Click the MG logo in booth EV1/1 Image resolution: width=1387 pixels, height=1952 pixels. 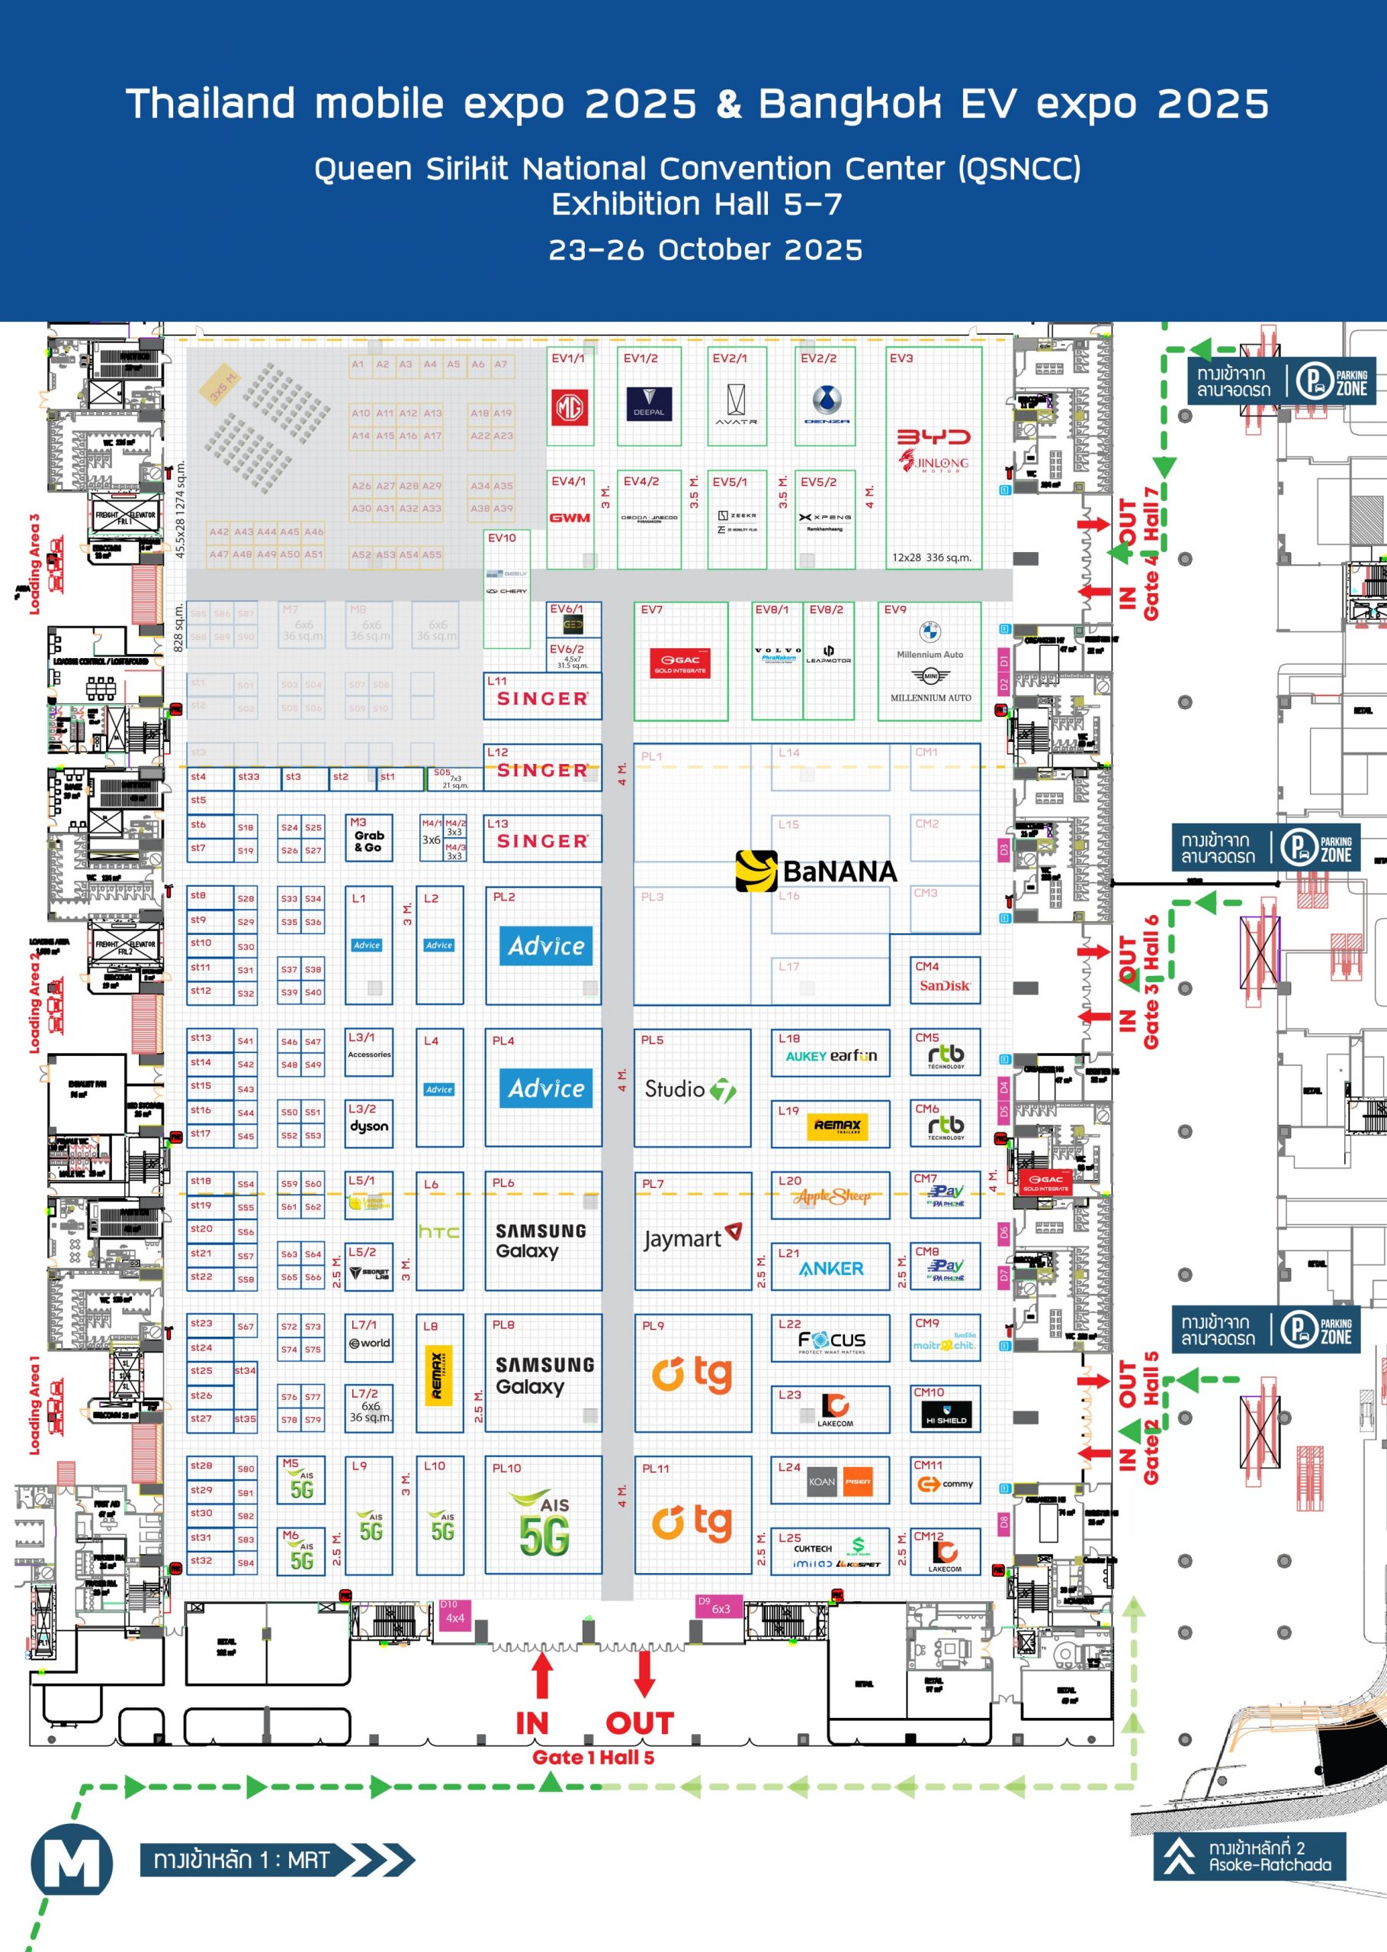pos(569,408)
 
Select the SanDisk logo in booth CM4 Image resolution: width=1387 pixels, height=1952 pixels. pos(945,985)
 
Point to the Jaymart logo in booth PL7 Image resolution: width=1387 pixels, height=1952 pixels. pos(692,1238)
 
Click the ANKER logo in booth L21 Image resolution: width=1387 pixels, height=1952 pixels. pos(831,1269)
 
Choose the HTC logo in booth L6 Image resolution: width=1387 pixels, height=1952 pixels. pos(439,1232)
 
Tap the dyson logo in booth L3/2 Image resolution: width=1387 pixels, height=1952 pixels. pos(369,1126)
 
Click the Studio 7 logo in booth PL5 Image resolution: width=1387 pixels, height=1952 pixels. pos(690,1090)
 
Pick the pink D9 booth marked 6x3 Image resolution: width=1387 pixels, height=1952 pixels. pos(718,1606)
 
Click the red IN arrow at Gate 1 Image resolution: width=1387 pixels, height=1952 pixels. pos(541,1674)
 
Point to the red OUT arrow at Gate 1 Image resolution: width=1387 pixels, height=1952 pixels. pos(645,1673)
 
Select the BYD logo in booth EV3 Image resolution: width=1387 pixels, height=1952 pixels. pos(933,437)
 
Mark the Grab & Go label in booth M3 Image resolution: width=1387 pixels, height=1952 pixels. pos(369,841)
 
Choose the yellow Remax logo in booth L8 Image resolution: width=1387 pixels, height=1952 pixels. pos(438,1376)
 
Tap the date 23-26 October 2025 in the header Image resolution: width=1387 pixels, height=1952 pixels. pos(705,249)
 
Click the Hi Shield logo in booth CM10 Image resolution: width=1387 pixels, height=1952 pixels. pos(946,1414)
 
